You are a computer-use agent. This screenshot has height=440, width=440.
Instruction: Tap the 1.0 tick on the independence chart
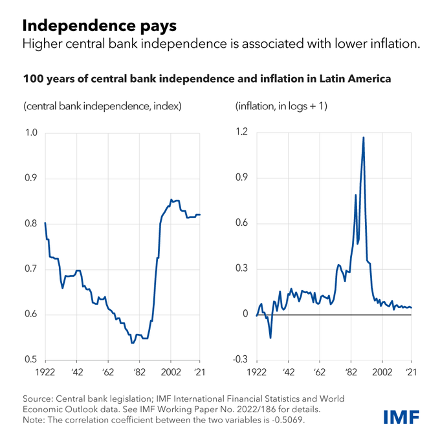[30, 134]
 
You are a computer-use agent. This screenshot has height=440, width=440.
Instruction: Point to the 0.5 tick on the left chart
[30, 360]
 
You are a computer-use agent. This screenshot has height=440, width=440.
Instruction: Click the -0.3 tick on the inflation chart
[239, 360]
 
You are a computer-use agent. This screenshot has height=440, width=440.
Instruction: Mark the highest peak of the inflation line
[364, 137]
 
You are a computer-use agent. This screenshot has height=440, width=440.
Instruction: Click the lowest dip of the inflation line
[270, 338]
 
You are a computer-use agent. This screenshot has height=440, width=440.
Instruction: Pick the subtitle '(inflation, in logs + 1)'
[281, 105]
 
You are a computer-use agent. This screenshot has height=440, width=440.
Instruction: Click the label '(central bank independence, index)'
[102, 105]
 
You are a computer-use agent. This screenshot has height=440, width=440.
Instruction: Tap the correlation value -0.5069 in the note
[283, 421]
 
